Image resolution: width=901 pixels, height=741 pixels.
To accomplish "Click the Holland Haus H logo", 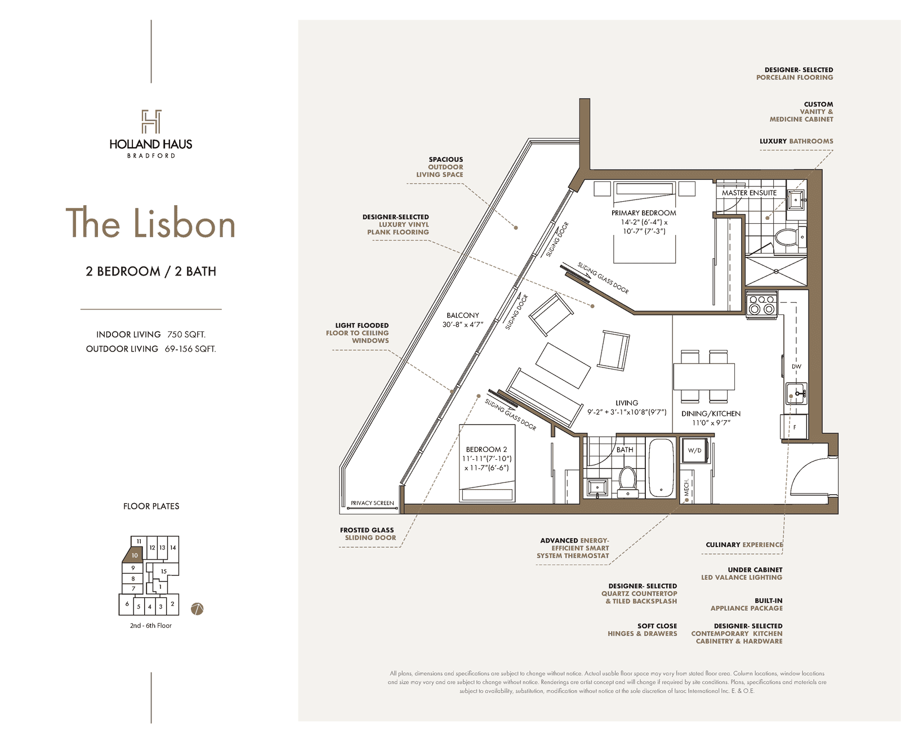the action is pyautogui.click(x=151, y=121).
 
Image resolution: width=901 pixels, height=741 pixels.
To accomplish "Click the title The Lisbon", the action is pyautogui.click(x=150, y=223).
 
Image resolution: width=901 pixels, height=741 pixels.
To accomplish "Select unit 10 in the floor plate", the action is pyautogui.click(x=133, y=554).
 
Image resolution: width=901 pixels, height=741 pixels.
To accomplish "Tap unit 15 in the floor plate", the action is pyautogui.click(x=164, y=571).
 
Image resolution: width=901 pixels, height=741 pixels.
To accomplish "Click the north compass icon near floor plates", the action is pyautogui.click(x=197, y=609).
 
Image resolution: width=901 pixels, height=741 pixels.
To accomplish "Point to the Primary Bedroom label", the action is pyautogui.click(x=644, y=213).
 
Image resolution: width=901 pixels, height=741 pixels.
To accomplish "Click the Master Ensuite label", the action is pyautogui.click(x=749, y=193).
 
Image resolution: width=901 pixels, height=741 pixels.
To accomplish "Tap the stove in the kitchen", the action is pyautogui.click(x=762, y=304).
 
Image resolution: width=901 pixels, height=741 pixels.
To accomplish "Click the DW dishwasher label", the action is pyautogui.click(x=796, y=366).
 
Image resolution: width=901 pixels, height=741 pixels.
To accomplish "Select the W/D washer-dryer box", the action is pyautogui.click(x=695, y=450).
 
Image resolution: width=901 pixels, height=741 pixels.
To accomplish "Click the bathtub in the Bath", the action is pyautogui.click(x=661, y=468).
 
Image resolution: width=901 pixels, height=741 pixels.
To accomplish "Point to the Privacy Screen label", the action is pyautogui.click(x=372, y=503).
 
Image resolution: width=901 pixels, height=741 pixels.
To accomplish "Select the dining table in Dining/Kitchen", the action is pyautogui.click(x=704, y=377).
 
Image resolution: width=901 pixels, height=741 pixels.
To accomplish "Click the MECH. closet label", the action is pyautogui.click(x=686, y=487).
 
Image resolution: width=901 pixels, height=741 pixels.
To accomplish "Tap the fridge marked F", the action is pyautogui.click(x=794, y=427).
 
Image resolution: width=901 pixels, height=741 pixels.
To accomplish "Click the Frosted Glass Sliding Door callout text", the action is pyautogui.click(x=368, y=534).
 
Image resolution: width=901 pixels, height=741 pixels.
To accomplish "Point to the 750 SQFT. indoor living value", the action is pyautogui.click(x=186, y=334).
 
